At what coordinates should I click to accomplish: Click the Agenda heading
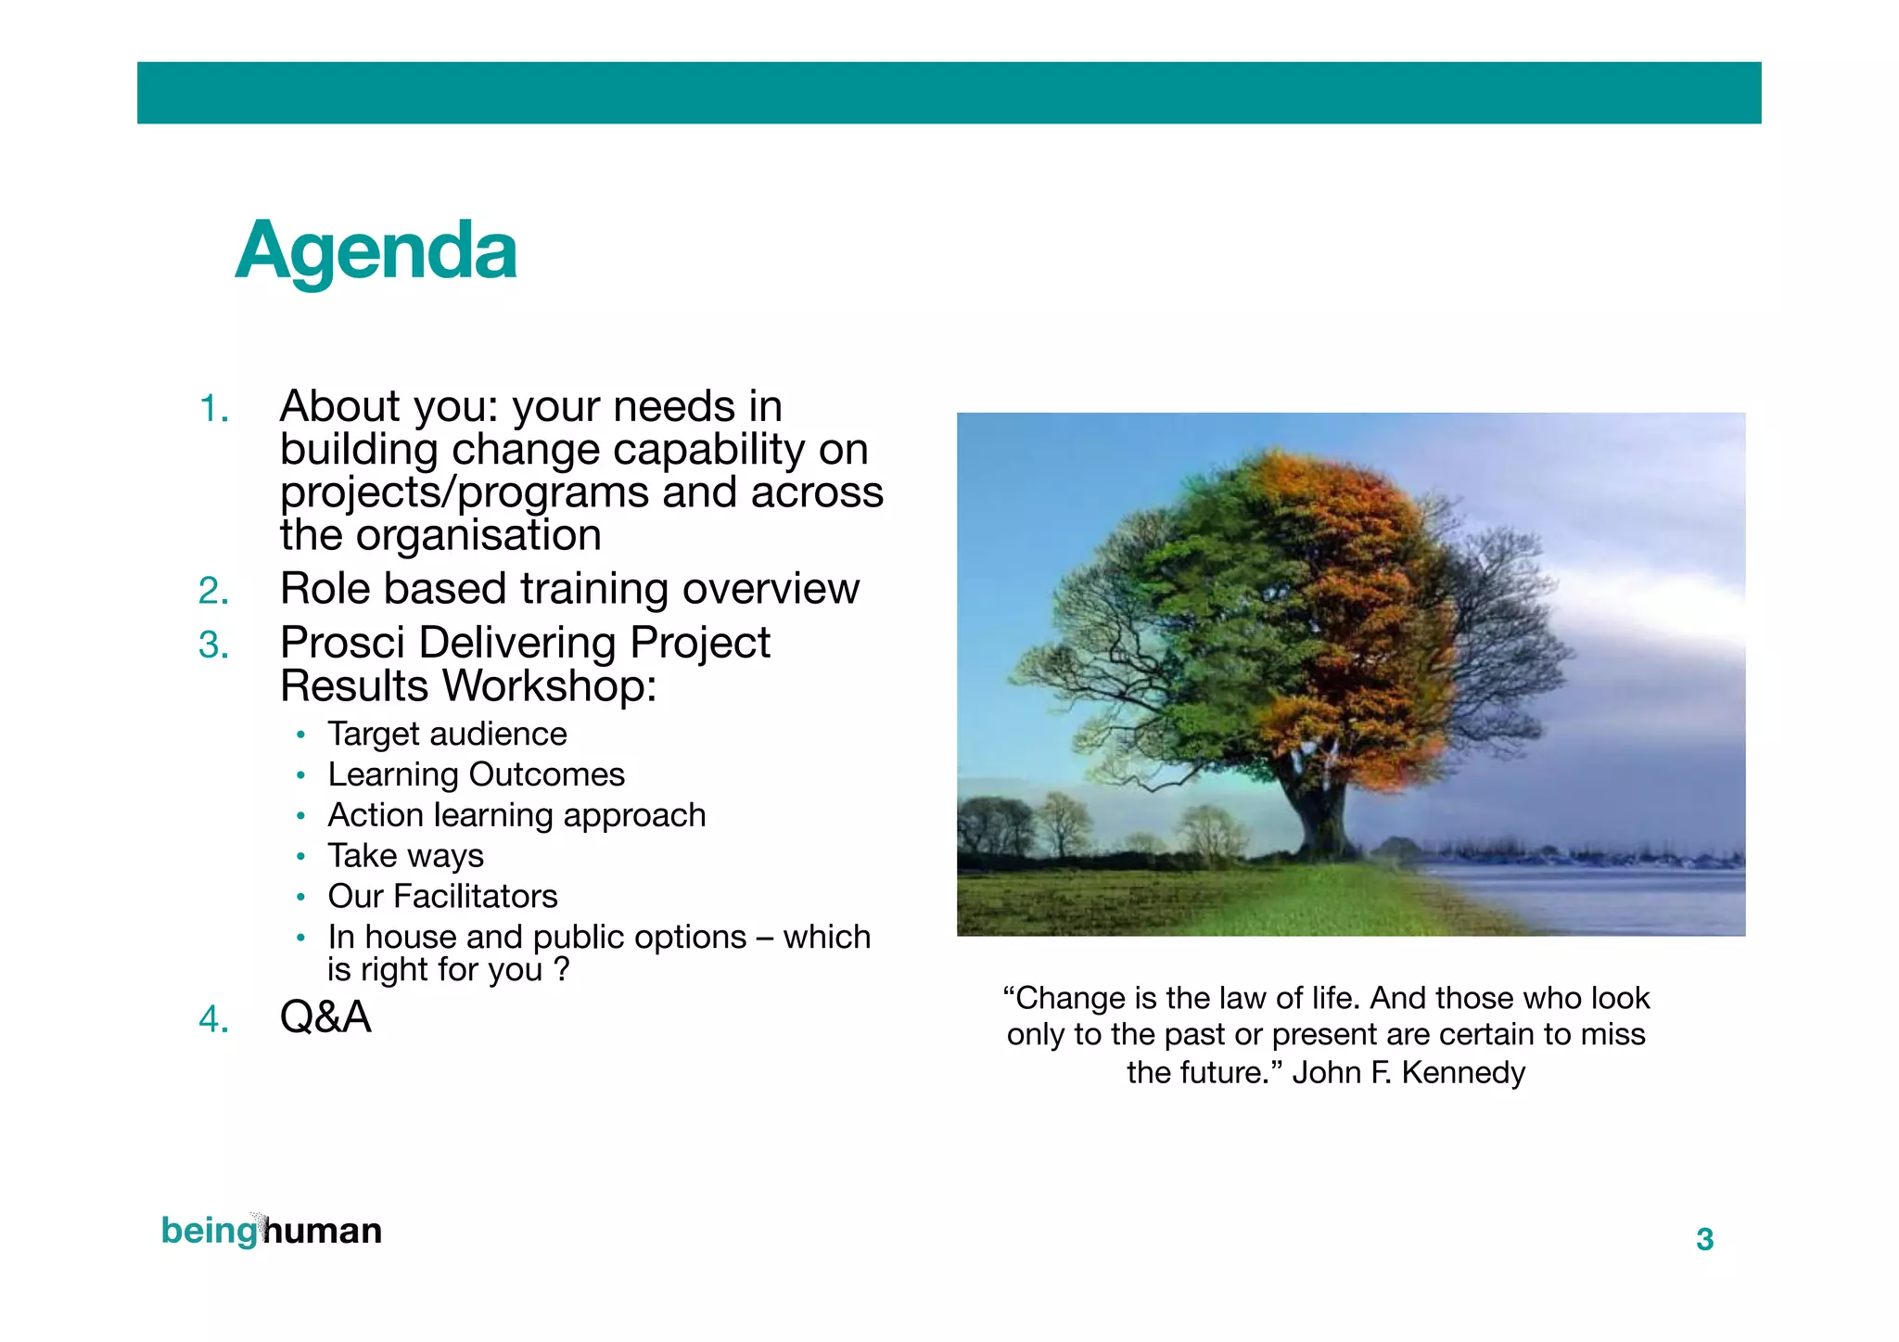point(376,251)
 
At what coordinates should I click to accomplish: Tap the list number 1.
point(213,409)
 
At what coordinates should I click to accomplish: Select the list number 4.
point(213,1020)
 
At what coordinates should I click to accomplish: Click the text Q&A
point(325,1017)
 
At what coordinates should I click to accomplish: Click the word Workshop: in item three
point(548,686)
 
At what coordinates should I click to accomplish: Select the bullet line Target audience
point(447,735)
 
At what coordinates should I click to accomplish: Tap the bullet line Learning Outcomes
point(476,774)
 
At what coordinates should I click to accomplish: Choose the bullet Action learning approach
point(516,815)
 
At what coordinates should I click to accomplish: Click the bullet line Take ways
point(405,856)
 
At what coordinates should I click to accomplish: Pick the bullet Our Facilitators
point(442,897)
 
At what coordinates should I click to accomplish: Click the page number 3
point(1704,1240)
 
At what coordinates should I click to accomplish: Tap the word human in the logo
point(324,1231)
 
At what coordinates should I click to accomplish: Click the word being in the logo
point(209,1231)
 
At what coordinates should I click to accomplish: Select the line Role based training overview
point(569,589)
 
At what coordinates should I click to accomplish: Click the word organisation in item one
point(478,536)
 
